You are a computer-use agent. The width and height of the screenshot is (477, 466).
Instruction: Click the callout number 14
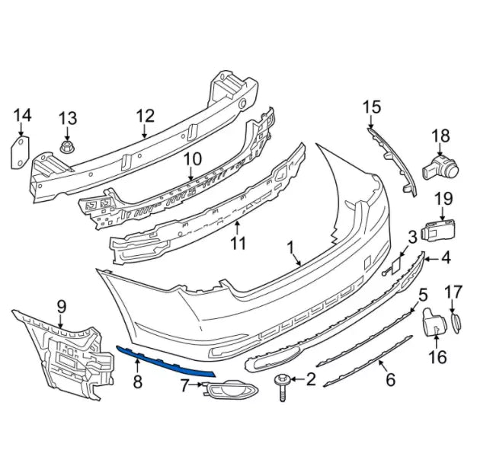pyautogui.click(x=23, y=115)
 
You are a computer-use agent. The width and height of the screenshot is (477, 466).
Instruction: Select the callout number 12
pyautogui.click(x=146, y=116)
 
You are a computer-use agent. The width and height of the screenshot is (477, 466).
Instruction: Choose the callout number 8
pyautogui.click(x=138, y=380)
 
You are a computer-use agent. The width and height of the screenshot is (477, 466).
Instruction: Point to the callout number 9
pyautogui.click(x=61, y=308)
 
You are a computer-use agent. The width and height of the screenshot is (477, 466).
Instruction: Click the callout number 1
pyautogui.click(x=290, y=247)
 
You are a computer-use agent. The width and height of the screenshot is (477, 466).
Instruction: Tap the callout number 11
pyautogui.click(x=238, y=243)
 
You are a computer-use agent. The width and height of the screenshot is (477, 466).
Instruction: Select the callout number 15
pyautogui.click(x=371, y=107)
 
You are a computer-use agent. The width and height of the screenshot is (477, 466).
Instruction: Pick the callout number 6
pyautogui.click(x=389, y=378)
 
